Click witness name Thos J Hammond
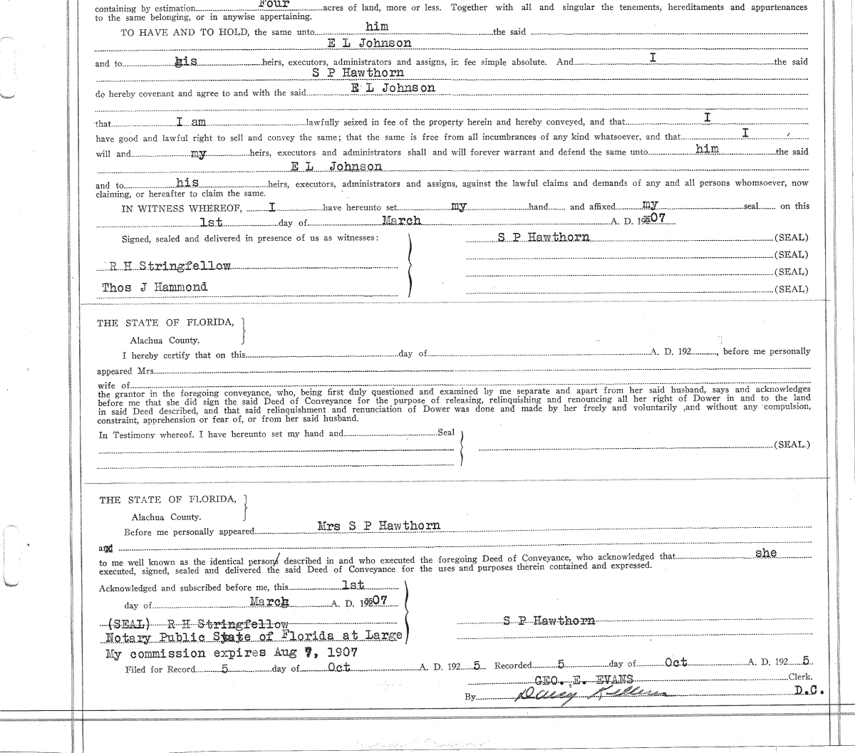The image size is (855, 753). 155,287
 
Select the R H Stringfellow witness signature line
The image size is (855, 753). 170,266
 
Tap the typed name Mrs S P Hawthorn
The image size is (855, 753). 378,526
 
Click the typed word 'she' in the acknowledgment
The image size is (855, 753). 766,553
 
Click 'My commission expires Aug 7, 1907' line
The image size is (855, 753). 231,653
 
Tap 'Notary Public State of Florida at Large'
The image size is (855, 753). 254,635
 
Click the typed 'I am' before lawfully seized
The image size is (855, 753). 191,123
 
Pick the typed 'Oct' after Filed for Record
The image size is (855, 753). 338,668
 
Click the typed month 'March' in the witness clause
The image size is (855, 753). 400,221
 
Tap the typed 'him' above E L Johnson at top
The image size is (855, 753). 377,26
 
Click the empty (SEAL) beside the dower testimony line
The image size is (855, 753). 791,445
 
